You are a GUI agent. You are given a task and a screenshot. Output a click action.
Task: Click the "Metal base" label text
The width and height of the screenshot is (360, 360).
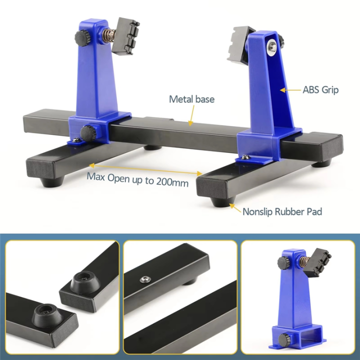[x=191, y=99]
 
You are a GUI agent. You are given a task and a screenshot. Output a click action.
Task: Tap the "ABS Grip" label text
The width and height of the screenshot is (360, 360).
[x=320, y=90]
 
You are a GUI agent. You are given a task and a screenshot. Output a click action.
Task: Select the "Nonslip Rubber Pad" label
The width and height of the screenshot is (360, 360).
[x=282, y=211]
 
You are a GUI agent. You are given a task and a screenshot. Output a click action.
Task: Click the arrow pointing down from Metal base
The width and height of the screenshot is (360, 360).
[x=190, y=116]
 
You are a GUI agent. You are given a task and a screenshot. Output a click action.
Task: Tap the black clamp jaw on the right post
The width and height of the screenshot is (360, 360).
[x=239, y=45]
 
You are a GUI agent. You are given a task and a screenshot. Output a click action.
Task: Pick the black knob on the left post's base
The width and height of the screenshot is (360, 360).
[x=89, y=133]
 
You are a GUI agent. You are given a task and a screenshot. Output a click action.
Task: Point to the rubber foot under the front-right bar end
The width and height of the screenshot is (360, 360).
[x=219, y=200]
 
